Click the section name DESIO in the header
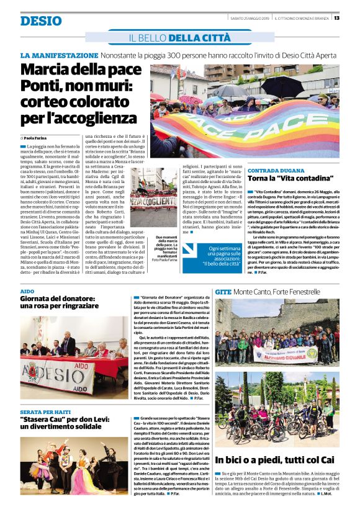40,20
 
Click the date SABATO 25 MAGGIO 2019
248,17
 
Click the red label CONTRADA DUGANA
274,170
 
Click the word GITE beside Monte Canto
223,291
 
